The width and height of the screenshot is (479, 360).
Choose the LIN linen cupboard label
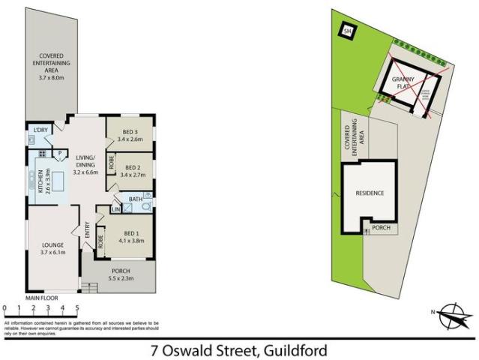click(115, 209)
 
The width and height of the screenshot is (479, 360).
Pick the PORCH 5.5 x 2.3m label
click(121, 275)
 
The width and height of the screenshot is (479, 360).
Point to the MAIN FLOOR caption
click(42, 298)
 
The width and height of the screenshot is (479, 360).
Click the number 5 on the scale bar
click(76, 307)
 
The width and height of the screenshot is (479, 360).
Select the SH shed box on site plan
click(347, 31)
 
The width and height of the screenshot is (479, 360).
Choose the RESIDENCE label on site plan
click(370, 193)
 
